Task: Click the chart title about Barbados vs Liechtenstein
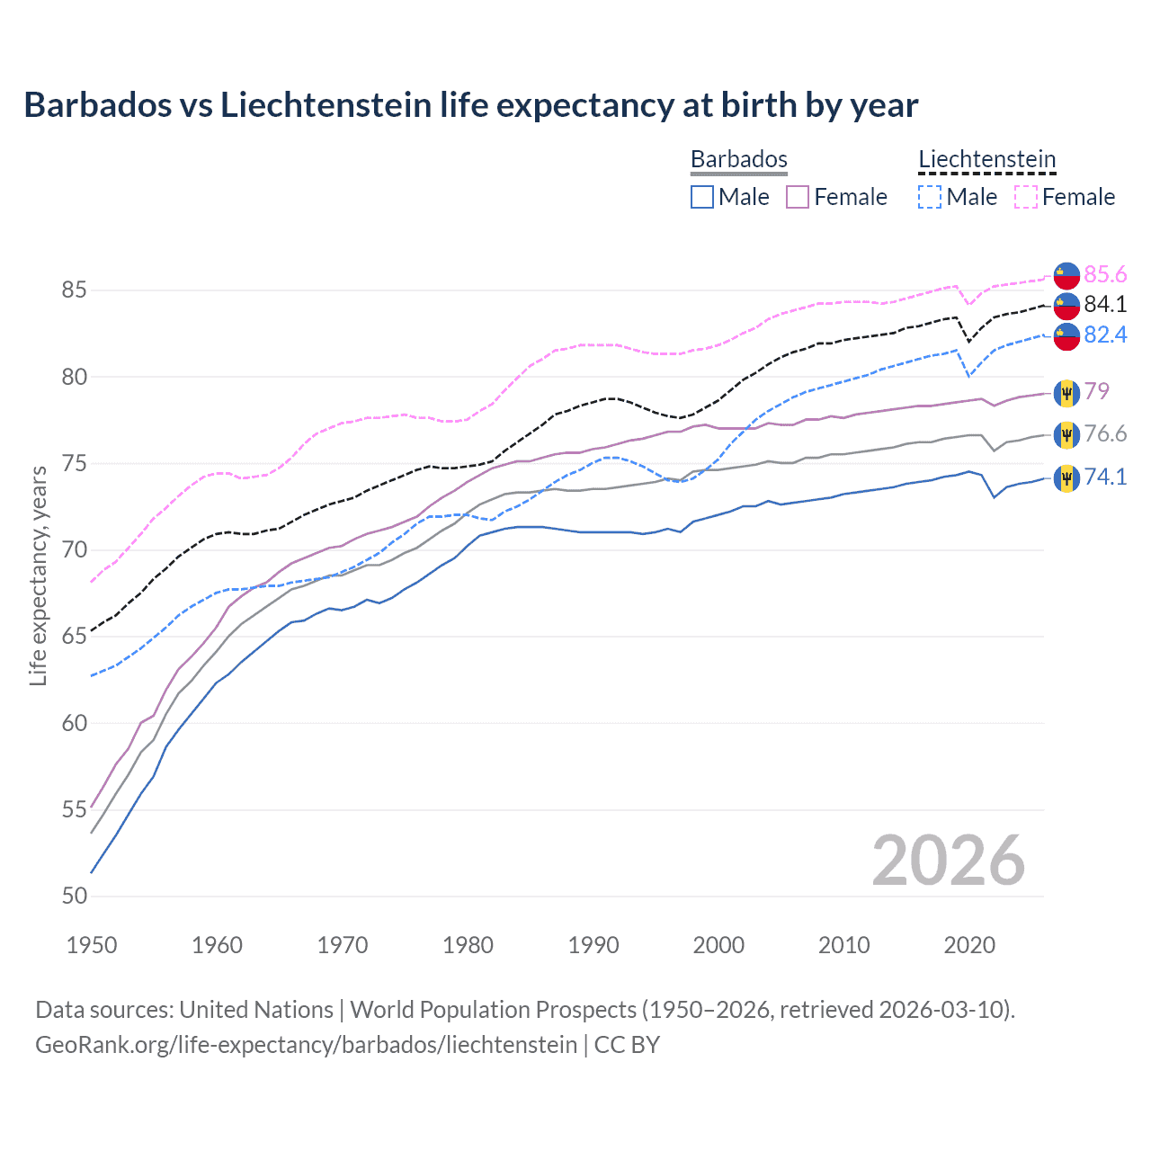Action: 470,105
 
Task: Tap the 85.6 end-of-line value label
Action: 1105,274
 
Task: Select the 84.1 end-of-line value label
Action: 1105,304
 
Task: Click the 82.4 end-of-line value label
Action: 1105,335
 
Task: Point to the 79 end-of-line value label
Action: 1096,391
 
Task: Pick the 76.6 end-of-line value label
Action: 1105,434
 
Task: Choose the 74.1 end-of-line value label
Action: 1105,477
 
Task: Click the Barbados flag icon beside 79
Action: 1066,392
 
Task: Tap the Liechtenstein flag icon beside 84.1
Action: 1066,306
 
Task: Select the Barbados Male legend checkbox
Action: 702,197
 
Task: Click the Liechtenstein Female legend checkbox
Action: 1026,197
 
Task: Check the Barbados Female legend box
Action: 798,197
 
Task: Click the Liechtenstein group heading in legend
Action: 986,160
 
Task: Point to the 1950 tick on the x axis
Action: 92,945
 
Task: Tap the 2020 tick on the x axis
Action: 969,945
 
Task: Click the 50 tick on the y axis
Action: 75,896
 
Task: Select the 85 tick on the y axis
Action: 75,290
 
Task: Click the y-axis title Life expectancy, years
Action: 39,575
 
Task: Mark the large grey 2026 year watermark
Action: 948,861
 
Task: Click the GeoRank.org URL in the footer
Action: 306,1045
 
